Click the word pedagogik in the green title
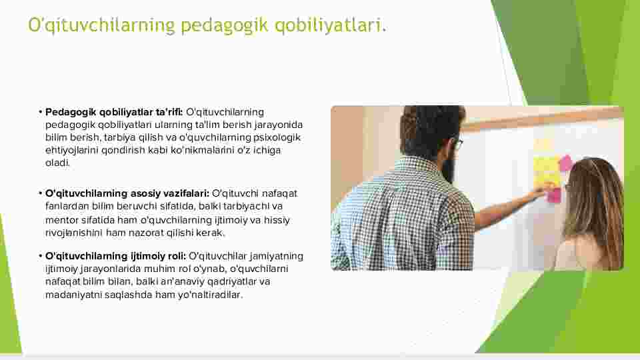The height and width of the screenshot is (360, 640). (225, 25)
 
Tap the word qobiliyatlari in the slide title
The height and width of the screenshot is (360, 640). (328, 25)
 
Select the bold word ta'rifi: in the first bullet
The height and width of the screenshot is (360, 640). (169, 112)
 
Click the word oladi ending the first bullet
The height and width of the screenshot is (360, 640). (57, 163)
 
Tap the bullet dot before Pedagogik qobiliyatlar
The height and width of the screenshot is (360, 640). (41, 112)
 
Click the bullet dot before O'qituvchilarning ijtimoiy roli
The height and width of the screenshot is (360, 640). (41, 256)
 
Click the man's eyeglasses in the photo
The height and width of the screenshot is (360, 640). (457, 144)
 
